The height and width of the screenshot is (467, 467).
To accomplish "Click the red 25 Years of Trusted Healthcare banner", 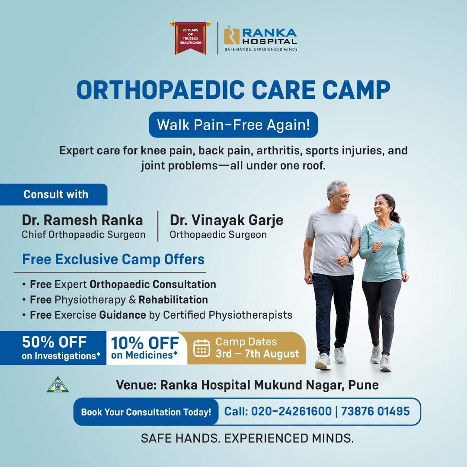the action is tap(190, 38).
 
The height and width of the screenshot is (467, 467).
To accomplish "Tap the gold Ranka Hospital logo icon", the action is tap(231, 35).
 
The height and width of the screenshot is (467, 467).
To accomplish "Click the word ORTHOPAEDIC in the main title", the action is tap(161, 90).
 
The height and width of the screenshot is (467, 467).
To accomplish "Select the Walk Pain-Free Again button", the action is tap(233, 125).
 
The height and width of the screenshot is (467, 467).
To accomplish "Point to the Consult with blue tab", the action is tap(54, 195).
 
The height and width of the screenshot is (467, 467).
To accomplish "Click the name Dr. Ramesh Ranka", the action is tap(82, 221).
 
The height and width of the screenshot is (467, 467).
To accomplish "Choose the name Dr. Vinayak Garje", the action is tap(226, 221).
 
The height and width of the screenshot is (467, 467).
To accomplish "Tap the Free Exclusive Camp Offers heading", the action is tap(113, 259).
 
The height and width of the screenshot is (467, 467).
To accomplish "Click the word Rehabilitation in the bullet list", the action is tap(173, 300).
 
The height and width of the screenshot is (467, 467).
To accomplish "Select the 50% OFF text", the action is tap(54, 342).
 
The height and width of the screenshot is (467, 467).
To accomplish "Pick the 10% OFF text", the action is tap(145, 343).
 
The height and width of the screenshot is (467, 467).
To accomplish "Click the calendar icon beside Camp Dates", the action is tap(202, 348).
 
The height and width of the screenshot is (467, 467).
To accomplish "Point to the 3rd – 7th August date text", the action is tap(257, 354).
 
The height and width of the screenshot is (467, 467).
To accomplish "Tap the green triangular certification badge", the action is tap(58, 385).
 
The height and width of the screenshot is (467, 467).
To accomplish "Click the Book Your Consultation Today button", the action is tap(146, 412).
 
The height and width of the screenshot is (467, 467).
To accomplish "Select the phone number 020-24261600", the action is tap(291, 411).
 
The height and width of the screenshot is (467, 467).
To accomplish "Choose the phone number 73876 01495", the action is tap(375, 411).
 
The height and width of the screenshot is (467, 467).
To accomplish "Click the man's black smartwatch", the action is tap(349, 258).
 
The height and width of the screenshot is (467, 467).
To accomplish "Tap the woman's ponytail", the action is tap(395, 216).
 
